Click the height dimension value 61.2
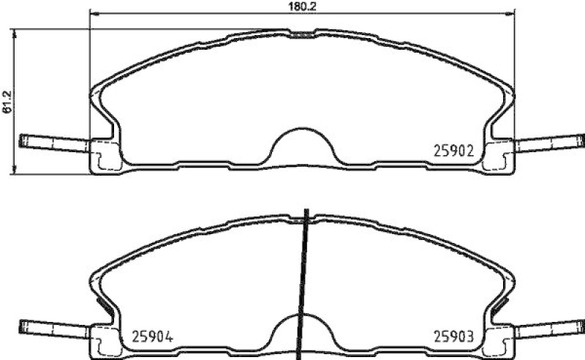(x=7, y=102)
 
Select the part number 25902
(x=453, y=151)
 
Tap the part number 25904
(x=153, y=337)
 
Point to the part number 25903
(x=453, y=337)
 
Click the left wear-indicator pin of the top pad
(x=54, y=143)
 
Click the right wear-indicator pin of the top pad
(x=550, y=143)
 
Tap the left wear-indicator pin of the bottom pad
(x=54, y=329)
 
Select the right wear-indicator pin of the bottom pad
(x=550, y=329)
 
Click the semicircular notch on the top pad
(x=303, y=130)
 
